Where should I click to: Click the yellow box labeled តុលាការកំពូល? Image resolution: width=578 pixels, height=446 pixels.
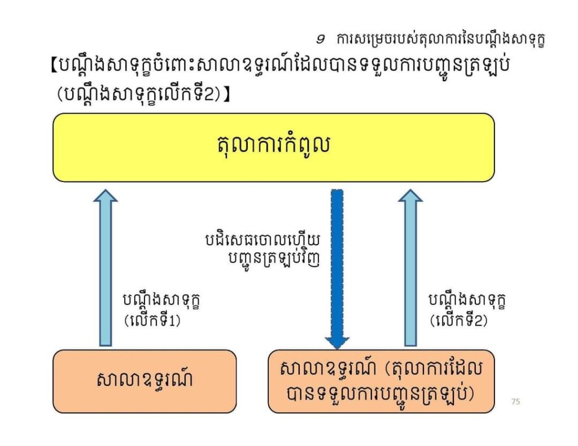click(274, 147)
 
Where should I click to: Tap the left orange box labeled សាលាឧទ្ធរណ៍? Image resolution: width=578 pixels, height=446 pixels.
click(144, 381)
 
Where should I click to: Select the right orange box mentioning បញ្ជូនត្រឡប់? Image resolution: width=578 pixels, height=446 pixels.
click(381, 381)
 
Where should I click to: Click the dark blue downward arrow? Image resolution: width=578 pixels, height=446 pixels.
click(337, 269)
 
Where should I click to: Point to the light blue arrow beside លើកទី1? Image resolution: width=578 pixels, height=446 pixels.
click(106, 268)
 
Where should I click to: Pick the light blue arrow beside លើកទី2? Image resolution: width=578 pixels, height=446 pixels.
click(410, 268)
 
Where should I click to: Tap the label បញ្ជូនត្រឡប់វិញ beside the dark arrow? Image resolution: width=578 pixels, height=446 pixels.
click(274, 259)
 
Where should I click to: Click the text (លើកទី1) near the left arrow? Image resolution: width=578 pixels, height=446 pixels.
click(152, 320)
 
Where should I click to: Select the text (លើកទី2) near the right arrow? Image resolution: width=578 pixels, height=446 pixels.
click(458, 320)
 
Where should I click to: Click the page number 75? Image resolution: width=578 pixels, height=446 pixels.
click(516, 401)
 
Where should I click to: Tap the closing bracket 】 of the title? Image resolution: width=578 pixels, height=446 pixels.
click(226, 94)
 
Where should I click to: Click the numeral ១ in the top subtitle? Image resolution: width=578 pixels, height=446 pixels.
click(321, 39)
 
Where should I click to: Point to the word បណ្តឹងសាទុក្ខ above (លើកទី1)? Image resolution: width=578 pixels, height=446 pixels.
click(161, 301)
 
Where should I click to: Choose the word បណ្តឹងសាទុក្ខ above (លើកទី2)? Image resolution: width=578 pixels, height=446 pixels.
click(467, 301)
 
